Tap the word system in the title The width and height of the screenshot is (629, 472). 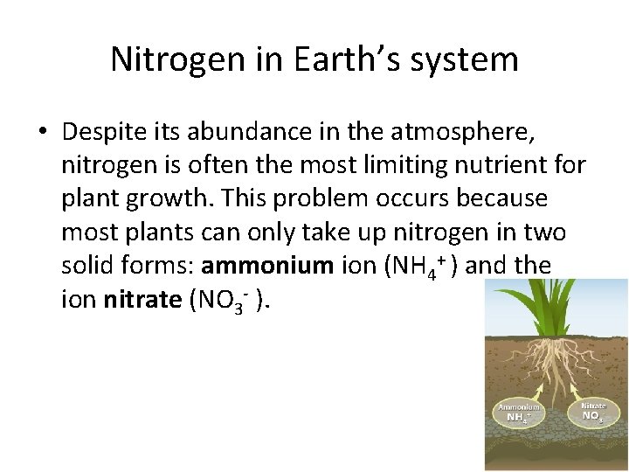point(467,59)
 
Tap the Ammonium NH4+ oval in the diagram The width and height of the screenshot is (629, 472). point(519,412)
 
